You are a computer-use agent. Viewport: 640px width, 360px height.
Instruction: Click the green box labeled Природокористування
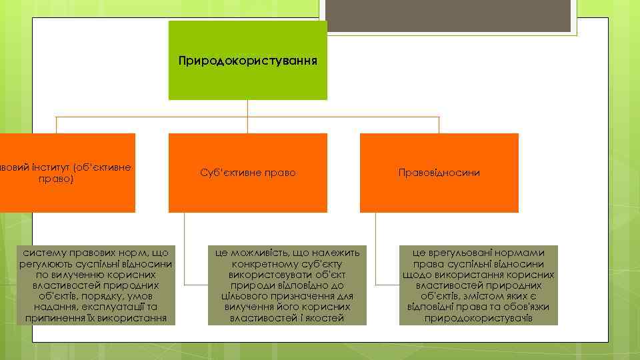(247, 61)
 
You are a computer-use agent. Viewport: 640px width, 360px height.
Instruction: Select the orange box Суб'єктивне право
(247, 173)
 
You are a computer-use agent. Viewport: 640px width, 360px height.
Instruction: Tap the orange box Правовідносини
(439, 173)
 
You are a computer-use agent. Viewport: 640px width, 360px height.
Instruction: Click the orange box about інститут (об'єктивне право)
(67, 173)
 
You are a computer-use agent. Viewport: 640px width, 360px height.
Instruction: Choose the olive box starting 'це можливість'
(287, 285)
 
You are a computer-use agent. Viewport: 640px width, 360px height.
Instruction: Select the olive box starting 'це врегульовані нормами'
(478, 285)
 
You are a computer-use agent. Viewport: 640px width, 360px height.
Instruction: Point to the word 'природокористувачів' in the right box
(478, 318)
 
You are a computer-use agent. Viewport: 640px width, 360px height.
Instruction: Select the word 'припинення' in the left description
(51, 318)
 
